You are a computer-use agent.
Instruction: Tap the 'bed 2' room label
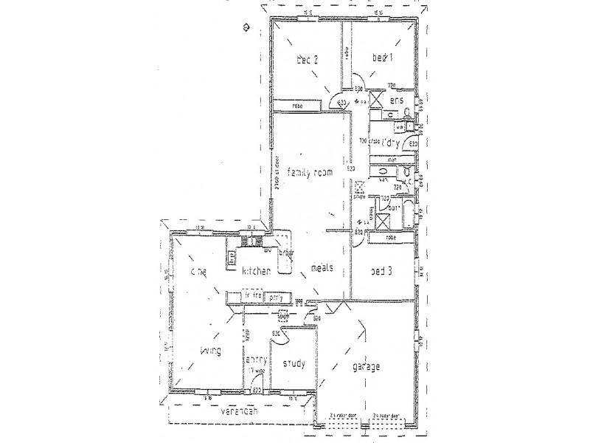307,61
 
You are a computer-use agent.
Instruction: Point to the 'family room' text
310,172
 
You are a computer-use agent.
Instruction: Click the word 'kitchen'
256,272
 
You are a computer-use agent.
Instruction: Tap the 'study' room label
293,364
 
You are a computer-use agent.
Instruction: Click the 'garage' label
367,366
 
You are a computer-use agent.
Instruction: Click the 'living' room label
210,353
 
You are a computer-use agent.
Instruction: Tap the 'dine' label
197,272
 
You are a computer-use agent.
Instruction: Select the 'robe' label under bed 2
298,106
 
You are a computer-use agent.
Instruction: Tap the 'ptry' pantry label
276,297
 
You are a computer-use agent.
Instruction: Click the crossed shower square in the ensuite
375,99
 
